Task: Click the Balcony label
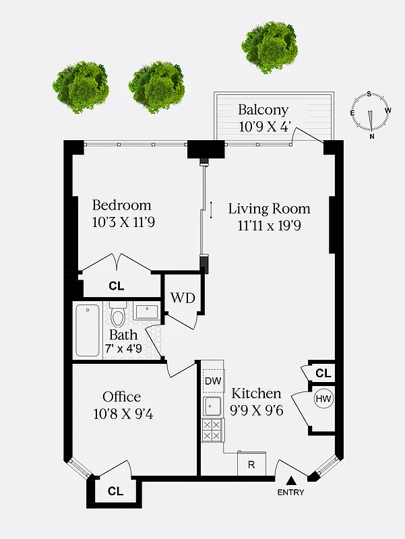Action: (x=263, y=110)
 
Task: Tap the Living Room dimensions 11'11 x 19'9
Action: (x=264, y=226)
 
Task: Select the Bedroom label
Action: (x=122, y=205)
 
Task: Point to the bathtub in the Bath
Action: (x=88, y=331)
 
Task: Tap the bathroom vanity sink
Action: (x=146, y=312)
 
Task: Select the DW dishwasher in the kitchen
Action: (x=213, y=381)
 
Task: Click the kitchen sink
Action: (x=213, y=406)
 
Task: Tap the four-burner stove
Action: (x=213, y=430)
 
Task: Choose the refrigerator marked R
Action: (x=251, y=464)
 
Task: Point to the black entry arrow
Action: (x=291, y=480)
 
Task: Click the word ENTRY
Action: (x=291, y=493)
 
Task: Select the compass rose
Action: (x=370, y=112)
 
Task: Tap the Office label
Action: (x=121, y=397)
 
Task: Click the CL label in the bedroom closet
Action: (x=117, y=286)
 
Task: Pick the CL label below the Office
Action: (x=115, y=492)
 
